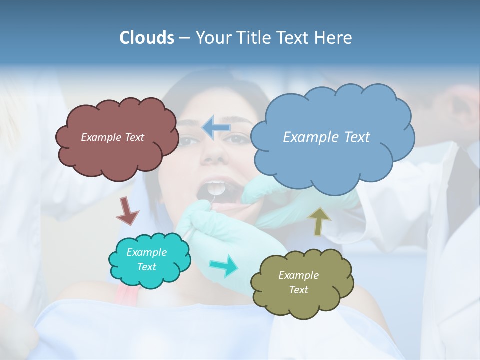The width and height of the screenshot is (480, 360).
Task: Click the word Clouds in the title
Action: pyautogui.click(x=146, y=38)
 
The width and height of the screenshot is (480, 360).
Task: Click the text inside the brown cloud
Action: pyautogui.click(x=112, y=137)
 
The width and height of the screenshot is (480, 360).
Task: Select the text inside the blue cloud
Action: pyautogui.click(x=326, y=137)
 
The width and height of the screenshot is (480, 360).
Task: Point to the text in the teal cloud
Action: pyautogui.click(x=146, y=260)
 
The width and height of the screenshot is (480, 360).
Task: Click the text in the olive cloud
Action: pyautogui.click(x=298, y=282)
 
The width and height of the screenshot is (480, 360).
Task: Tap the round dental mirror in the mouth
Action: pyautogui.click(x=215, y=188)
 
